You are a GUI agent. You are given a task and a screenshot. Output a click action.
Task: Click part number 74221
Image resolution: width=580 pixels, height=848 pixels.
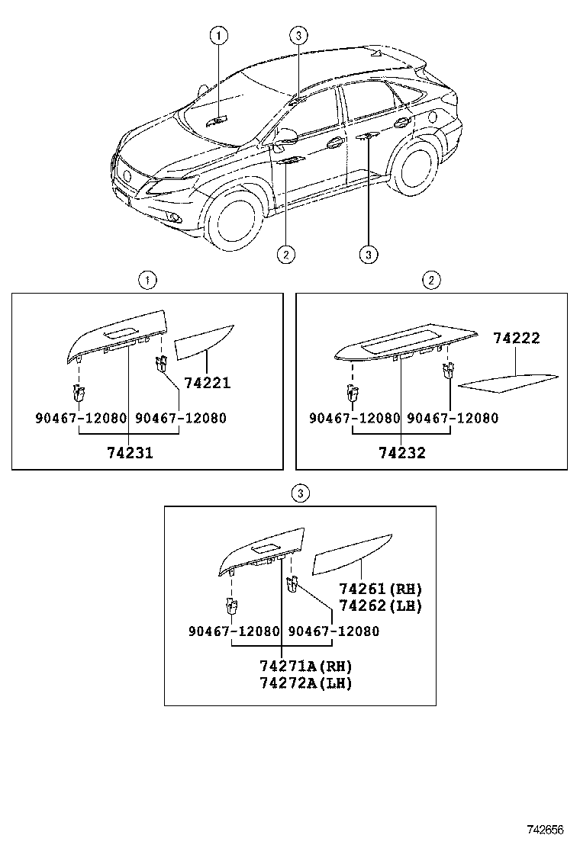pyautogui.click(x=207, y=384)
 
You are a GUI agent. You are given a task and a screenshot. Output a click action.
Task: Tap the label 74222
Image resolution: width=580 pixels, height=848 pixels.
pyautogui.click(x=516, y=338)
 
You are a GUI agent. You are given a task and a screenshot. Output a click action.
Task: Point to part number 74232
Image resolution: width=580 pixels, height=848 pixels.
pyautogui.click(x=401, y=452)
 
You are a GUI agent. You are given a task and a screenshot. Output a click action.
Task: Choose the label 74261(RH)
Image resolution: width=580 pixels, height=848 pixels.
pyautogui.click(x=380, y=589)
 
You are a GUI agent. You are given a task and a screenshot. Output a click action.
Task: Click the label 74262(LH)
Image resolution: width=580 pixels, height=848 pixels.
pyautogui.click(x=380, y=605)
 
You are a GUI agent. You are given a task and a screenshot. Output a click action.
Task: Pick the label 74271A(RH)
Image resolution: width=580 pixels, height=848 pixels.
pyautogui.click(x=304, y=666)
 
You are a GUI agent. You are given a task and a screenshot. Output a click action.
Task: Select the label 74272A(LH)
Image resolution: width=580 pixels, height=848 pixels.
pyautogui.click(x=304, y=683)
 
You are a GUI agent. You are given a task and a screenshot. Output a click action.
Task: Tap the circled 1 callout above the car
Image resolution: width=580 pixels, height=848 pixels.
pyautogui.click(x=218, y=34)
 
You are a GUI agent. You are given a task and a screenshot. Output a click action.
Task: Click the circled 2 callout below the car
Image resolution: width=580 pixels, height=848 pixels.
pyautogui.click(x=285, y=254)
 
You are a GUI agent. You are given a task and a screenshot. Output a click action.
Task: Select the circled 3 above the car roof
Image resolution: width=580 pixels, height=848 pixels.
pyautogui.click(x=298, y=34)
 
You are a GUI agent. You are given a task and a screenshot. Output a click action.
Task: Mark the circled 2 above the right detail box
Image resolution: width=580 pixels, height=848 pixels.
pyautogui.click(x=431, y=281)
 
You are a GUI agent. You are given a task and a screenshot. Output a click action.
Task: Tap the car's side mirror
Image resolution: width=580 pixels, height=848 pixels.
pyautogui.click(x=288, y=137)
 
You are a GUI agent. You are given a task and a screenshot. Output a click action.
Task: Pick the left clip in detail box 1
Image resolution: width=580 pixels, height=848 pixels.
pyautogui.click(x=78, y=393)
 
